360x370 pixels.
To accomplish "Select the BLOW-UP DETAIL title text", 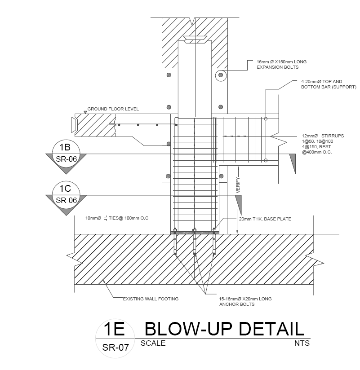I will (x=224, y=329).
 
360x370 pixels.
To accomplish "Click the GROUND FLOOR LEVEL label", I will (x=113, y=109).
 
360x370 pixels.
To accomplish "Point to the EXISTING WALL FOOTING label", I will (x=151, y=299).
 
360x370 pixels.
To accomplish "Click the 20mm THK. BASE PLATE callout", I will (x=265, y=219).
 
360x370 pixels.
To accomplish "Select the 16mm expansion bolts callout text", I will (x=281, y=64).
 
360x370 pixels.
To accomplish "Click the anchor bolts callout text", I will (x=245, y=301).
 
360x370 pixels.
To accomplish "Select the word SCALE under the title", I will (x=153, y=344).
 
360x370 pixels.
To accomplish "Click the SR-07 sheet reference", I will (x=116, y=347).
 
